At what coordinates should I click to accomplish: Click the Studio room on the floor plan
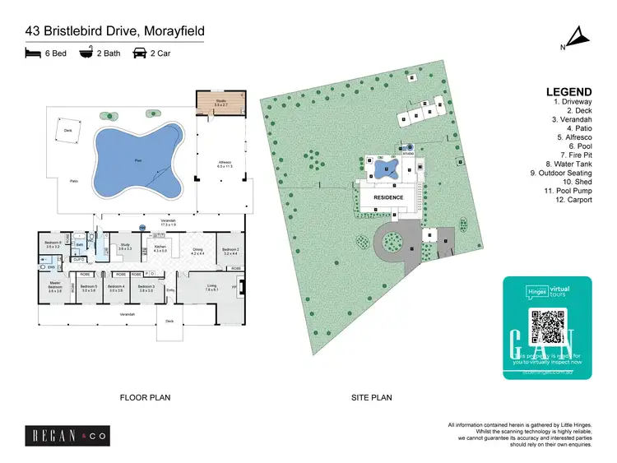(220, 103)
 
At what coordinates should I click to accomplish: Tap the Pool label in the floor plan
(138, 159)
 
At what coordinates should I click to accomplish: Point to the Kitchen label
(160, 248)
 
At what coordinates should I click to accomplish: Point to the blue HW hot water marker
(142, 226)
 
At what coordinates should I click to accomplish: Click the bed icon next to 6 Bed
(33, 53)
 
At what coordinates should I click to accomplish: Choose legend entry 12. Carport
(573, 200)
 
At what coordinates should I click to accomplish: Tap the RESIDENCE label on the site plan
(388, 197)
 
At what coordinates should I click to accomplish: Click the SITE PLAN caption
(372, 397)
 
